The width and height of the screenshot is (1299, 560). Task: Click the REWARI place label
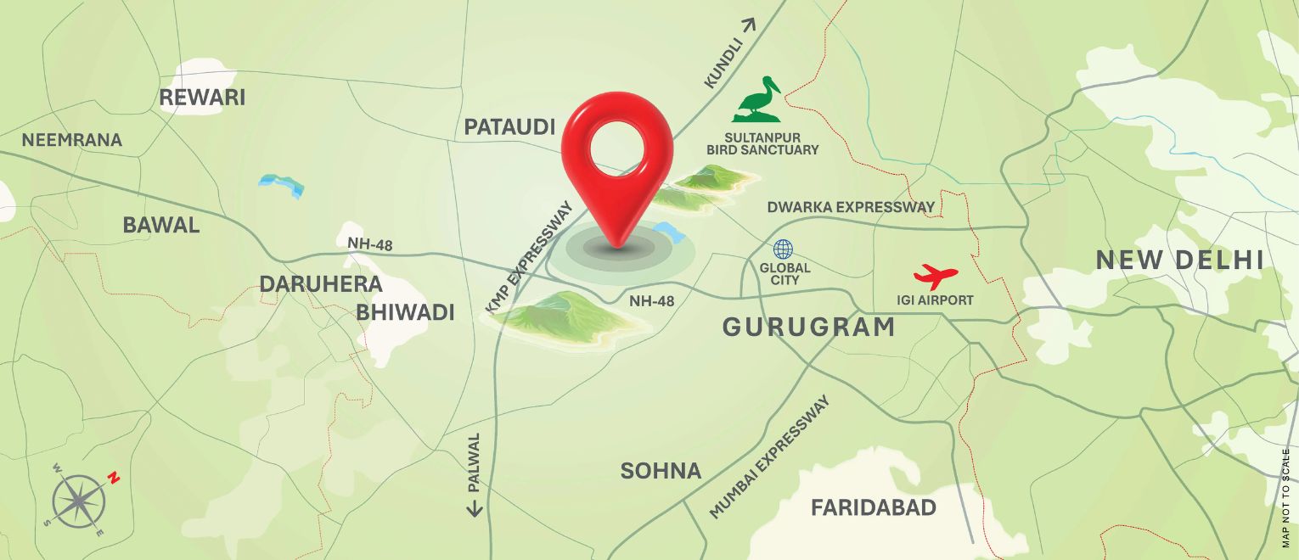(202, 98)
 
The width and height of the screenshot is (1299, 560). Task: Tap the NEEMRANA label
(72, 140)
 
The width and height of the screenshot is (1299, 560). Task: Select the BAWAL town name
(161, 225)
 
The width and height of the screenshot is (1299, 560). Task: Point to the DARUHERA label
(321, 284)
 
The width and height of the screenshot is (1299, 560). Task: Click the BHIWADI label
(405, 312)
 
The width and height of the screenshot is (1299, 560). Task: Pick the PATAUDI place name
(509, 127)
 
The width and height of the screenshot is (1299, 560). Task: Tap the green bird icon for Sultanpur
(757, 99)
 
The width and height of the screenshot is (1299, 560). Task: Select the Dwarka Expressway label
(851, 207)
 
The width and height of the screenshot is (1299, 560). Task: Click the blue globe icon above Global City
(783, 249)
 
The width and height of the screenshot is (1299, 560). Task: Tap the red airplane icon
(936, 276)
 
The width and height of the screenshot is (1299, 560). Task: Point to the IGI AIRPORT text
(935, 300)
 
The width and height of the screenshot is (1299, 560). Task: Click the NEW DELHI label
(1180, 260)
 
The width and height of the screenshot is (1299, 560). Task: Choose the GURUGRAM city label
(809, 327)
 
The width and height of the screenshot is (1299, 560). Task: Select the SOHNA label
(661, 471)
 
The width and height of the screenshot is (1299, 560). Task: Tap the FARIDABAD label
(874, 508)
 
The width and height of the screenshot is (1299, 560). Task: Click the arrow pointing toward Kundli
(747, 25)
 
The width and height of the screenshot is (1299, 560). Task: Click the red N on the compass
(114, 478)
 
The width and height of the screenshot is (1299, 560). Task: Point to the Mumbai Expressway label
(770, 456)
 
